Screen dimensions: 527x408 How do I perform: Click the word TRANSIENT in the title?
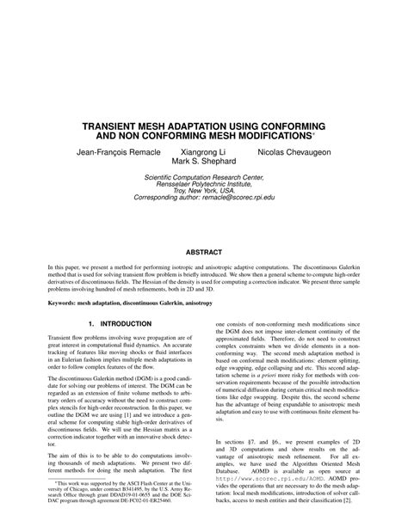(x=111, y=124)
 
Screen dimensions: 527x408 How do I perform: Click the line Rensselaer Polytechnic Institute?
(x=203, y=188)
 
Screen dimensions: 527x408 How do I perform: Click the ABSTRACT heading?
(x=204, y=253)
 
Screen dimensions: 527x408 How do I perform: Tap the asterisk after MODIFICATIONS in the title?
(x=314, y=133)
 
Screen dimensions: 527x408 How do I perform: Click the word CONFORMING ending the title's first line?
(x=285, y=124)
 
